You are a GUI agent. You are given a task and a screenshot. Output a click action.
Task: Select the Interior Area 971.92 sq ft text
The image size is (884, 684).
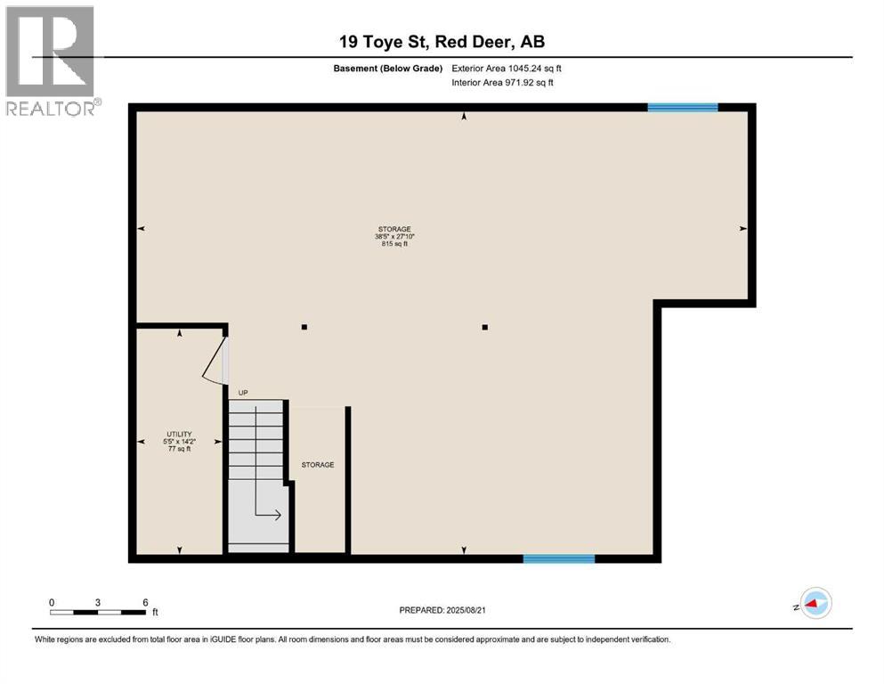pos(503,83)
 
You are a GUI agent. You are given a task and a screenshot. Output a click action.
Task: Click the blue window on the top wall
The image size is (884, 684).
pos(683,107)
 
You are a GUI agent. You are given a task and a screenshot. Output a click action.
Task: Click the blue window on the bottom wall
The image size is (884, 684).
pos(558,558)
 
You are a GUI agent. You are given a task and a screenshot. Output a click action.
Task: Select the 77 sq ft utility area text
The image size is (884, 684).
pos(179,449)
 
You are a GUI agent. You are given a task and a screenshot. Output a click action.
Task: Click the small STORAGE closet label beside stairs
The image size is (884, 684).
pos(318,465)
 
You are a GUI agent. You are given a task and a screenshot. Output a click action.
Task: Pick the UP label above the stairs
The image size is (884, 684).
pos(242,393)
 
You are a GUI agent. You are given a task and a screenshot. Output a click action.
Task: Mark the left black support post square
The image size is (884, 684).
pos(304,327)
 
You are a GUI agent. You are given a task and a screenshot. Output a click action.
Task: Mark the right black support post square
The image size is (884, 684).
pos(485,327)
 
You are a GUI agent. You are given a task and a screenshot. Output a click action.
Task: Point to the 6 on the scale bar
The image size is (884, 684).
pos(145,602)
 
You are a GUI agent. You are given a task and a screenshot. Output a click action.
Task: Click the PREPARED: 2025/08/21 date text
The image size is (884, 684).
pos(442,610)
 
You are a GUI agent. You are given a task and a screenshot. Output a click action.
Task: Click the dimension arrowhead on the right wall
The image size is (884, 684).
pos(743,229)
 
